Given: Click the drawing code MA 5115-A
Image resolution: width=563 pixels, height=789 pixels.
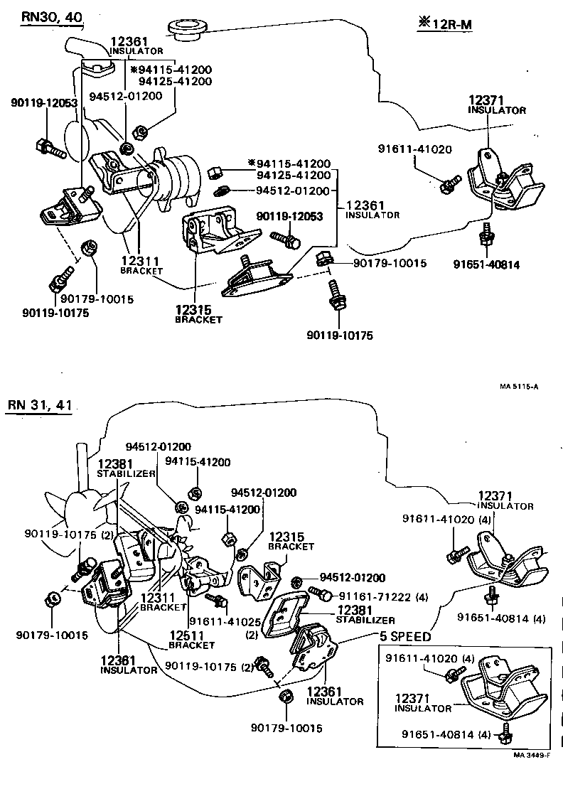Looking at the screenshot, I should tap(518, 387).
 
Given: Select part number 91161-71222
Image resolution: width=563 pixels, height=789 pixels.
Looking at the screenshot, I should tap(375, 595).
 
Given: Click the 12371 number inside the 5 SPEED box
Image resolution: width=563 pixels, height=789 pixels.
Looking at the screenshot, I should tap(412, 699).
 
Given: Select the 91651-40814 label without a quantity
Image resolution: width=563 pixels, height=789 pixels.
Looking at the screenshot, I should tap(486, 265).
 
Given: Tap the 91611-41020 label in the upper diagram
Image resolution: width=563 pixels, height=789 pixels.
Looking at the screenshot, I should tap(412, 150).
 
